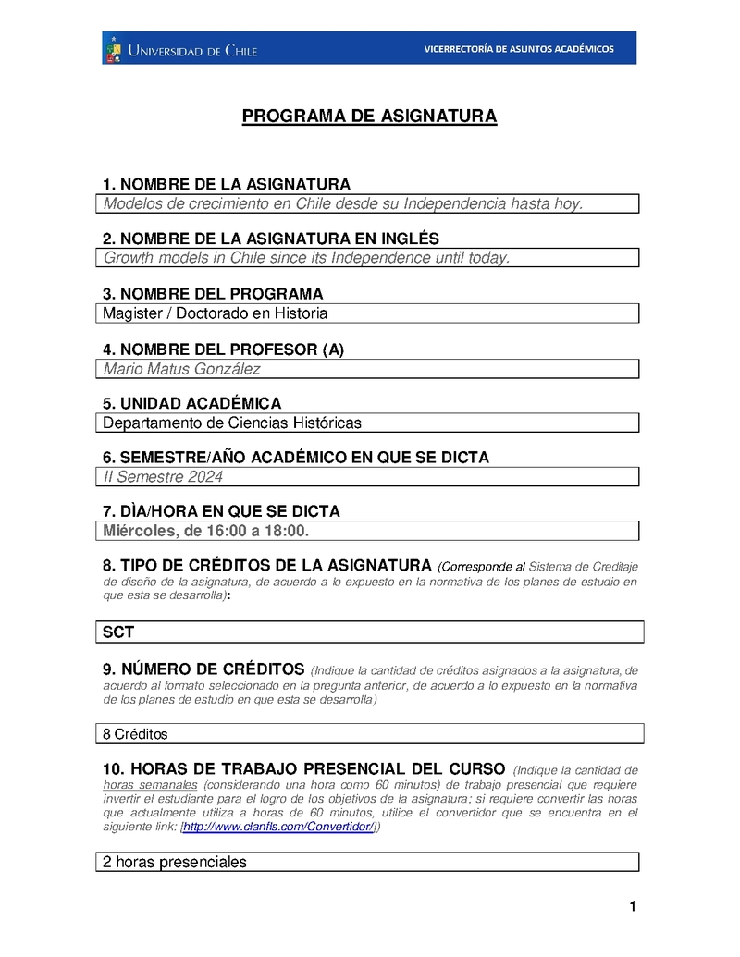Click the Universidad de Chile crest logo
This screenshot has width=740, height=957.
[x=114, y=48]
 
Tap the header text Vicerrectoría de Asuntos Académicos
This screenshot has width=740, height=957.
[x=518, y=49]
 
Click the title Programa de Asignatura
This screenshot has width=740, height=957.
[x=369, y=117]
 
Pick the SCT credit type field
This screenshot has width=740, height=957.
[x=370, y=632]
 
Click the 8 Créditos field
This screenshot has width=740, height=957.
[x=370, y=734]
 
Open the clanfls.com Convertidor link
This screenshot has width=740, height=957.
[x=278, y=828]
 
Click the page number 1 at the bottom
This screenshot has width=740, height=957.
[x=633, y=907]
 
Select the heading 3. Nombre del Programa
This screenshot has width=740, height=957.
[x=213, y=295]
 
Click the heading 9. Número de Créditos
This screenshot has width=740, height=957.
[x=203, y=669]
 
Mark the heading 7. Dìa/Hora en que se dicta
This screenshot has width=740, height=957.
[x=221, y=511]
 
